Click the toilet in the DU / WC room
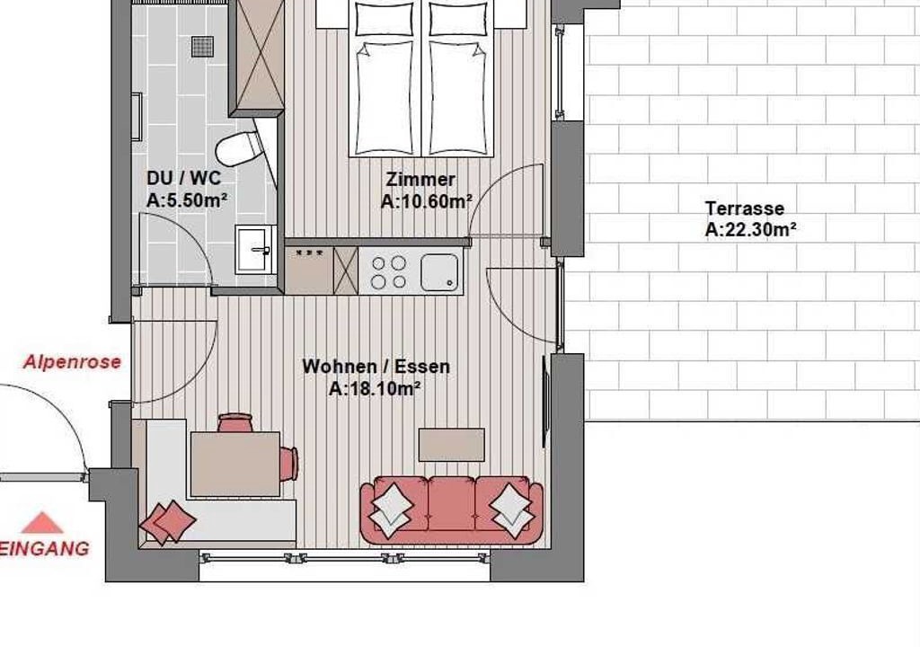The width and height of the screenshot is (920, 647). pos(237,148)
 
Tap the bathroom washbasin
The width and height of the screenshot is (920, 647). pos(255,250)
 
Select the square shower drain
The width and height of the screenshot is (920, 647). pos(202,47)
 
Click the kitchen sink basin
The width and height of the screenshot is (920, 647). pos(438,272)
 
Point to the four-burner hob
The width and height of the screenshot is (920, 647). pos(388,272)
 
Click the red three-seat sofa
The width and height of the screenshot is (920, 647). pos(452,509)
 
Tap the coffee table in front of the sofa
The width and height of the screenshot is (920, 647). pos(452,445)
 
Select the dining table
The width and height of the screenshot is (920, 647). pos(235,464)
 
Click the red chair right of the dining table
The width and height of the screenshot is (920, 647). pos(288,463)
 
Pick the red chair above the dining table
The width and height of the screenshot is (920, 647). pos(235,422)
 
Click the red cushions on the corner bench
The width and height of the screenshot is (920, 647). pos(168,521)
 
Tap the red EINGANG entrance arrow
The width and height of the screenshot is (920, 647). pos(41,522)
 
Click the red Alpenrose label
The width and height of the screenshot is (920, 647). pos(72,361)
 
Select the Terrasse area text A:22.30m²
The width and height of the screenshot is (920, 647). pos(750,229)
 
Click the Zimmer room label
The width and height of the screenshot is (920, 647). pos(420,179)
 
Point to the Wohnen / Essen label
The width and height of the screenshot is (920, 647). pos(376,367)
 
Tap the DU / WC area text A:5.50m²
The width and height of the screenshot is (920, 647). pos(187,200)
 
